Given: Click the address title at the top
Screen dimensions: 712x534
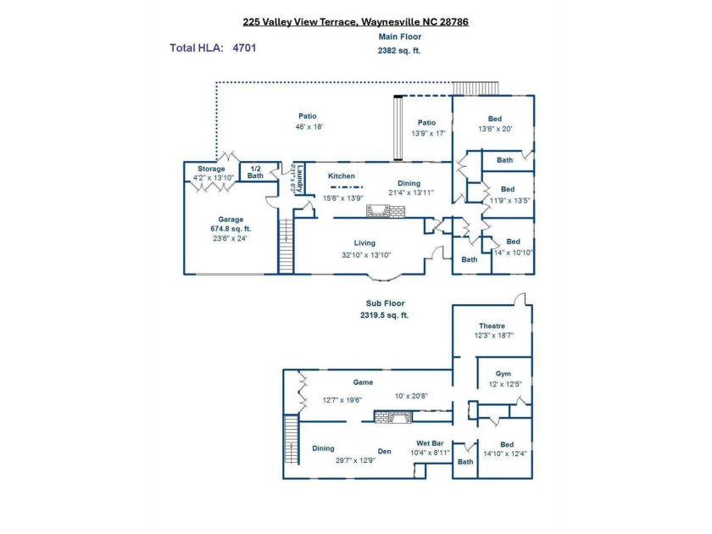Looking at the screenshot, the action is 355,22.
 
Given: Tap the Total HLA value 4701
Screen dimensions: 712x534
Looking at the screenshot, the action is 244,48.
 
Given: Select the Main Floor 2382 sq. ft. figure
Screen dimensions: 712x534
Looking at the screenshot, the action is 399,51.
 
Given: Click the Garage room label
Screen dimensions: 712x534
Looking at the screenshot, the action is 231,220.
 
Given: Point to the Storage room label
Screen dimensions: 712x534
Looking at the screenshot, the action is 211,169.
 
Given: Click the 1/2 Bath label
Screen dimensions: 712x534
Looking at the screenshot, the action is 256,172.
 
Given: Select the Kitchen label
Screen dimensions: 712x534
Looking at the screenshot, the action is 342,176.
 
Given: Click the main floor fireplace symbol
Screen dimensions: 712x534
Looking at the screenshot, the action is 386,211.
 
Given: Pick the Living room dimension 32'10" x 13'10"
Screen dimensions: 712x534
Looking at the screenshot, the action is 366,255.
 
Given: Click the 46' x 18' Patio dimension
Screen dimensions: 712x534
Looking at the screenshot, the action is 309,126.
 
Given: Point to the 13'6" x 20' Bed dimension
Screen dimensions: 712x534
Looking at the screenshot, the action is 495,129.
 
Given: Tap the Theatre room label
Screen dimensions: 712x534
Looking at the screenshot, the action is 492,326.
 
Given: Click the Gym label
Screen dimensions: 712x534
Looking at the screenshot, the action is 503,374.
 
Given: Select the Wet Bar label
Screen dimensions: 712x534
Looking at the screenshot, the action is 430,443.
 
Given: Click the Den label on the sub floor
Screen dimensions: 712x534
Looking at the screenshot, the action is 385,451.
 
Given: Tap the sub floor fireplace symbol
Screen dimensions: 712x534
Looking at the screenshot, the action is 393,417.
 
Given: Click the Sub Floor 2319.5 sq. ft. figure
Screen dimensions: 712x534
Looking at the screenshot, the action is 385,315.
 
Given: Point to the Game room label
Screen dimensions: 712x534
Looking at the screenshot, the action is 363,382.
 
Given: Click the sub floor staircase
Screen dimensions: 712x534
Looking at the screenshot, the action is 292,440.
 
